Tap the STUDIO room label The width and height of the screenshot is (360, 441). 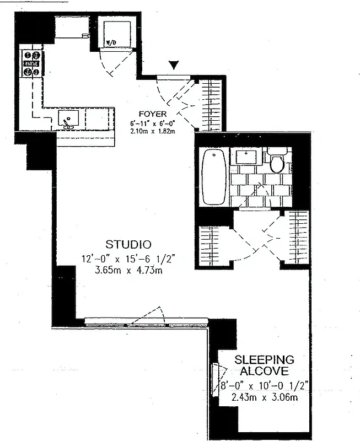pos(129,243)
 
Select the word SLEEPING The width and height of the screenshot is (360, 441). pos(264,359)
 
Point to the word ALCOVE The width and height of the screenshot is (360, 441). pos(264,370)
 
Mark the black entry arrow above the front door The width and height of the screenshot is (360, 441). pos(174,66)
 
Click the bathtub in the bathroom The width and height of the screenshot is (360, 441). pos(212,178)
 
